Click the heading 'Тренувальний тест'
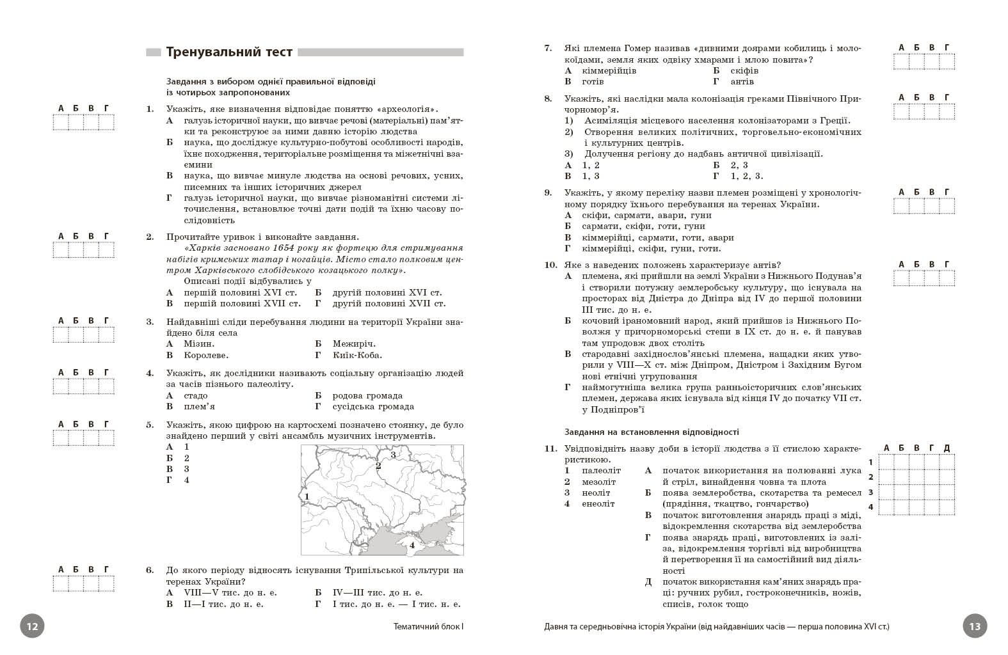pos(229,52)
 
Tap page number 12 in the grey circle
pos(33,626)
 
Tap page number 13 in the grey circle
pos(975,626)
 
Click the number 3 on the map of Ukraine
pos(393,455)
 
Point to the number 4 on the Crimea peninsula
pos(412,545)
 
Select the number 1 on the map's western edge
pos(307,496)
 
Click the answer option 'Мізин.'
pos(198,344)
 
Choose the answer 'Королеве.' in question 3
pos(205,355)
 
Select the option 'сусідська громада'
pos(373,406)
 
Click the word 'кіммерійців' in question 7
pos(609,70)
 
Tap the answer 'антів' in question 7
pos(742,81)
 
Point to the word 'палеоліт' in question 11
pos(601,470)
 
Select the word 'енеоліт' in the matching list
pos(598,503)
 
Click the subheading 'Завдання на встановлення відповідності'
pos(652,432)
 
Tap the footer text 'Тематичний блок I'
pos(428,627)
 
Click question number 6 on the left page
pos(150,570)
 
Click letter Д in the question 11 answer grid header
pos(947,448)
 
